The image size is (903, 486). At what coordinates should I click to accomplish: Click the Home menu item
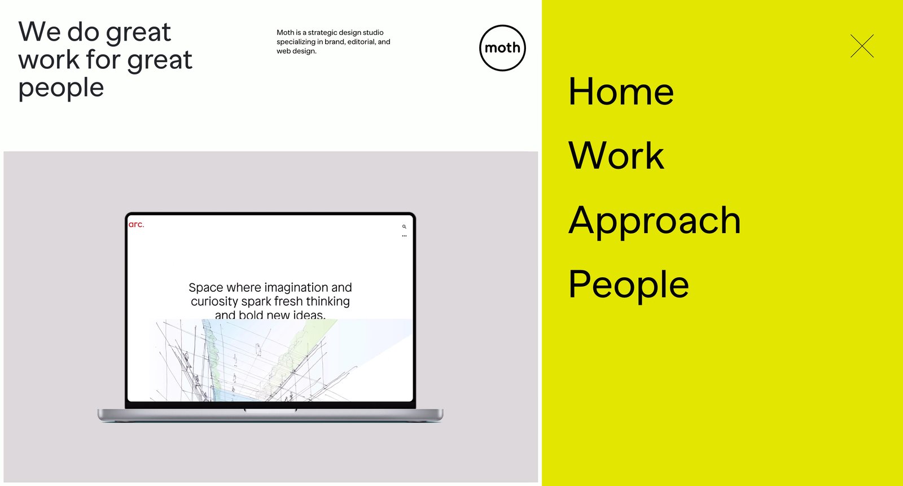tap(621, 91)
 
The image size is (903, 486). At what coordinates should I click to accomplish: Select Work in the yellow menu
tap(616, 156)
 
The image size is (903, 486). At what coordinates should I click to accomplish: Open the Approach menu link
tap(655, 221)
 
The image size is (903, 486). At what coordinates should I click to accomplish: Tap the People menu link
tap(629, 285)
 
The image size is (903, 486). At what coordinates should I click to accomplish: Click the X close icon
tap(862, 46)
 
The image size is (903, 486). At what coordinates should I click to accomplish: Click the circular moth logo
tap(502, 48)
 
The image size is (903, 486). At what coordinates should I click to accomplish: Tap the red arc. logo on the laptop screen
tap(136, 224)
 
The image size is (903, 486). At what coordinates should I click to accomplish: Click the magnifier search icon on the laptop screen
tap(404, 227)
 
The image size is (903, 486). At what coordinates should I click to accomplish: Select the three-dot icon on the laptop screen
tap(404, 236)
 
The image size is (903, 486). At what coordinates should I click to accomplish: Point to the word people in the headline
tap(62, 87)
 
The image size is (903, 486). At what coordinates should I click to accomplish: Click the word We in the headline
tap(40, 32)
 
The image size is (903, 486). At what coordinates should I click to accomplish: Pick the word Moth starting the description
tap(286, 32)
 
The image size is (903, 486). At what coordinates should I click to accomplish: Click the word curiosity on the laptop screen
tap(214, 301)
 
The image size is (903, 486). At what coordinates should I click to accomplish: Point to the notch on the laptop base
tap(270, 410)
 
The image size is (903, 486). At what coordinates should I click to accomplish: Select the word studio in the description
tap(373, 32)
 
